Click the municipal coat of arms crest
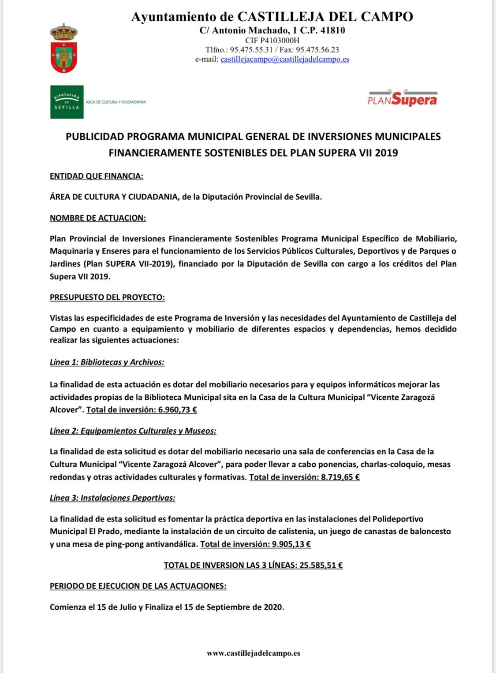(64, 48)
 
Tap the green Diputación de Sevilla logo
(67, 102)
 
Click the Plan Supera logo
(402, 99)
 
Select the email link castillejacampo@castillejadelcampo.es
(284, 59)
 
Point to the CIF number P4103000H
(281, 40)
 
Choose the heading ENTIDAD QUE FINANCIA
(97, 176)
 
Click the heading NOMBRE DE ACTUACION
(98, 218)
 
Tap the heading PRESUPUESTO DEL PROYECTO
(107, 297)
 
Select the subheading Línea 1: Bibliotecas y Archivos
(107, 362)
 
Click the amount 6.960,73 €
(178, 410)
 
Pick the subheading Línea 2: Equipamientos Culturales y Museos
(133, 431)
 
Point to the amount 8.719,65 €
(340, 477)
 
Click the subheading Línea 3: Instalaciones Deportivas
(112, 498)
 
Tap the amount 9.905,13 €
(291, 544)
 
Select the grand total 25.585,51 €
(321, 565)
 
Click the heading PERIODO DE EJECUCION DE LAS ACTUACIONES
(138, 586)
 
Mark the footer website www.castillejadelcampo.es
(254, 653)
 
